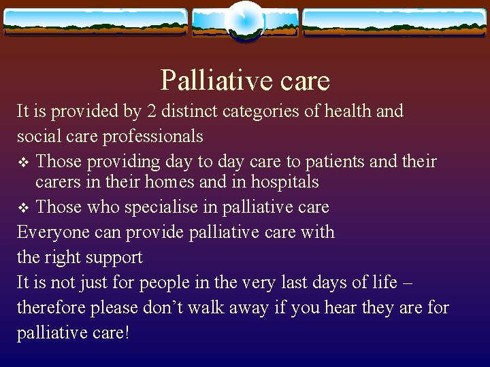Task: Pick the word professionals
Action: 153,136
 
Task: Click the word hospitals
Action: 286,182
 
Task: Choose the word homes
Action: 182,182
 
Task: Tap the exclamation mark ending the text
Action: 127,332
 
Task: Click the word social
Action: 37,136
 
